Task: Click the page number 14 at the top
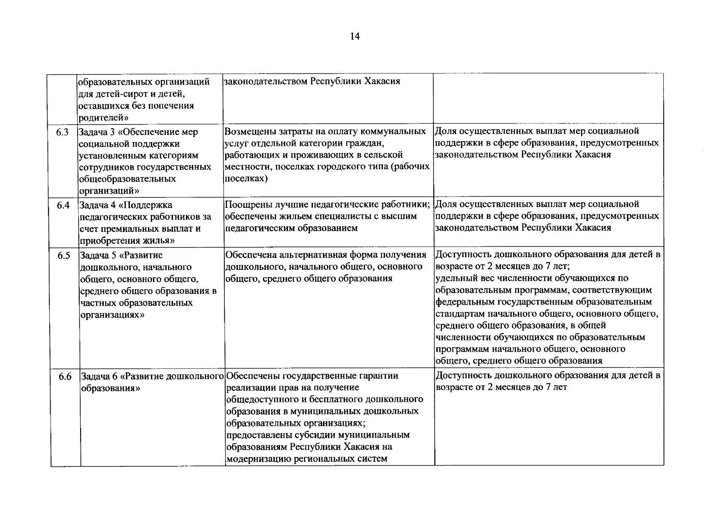point(355,37)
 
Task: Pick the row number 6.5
point(64,256)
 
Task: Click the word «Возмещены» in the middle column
point(246,132)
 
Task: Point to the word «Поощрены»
point(245,205)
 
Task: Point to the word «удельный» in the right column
point(453,278)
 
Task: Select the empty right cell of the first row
point(548,98)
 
